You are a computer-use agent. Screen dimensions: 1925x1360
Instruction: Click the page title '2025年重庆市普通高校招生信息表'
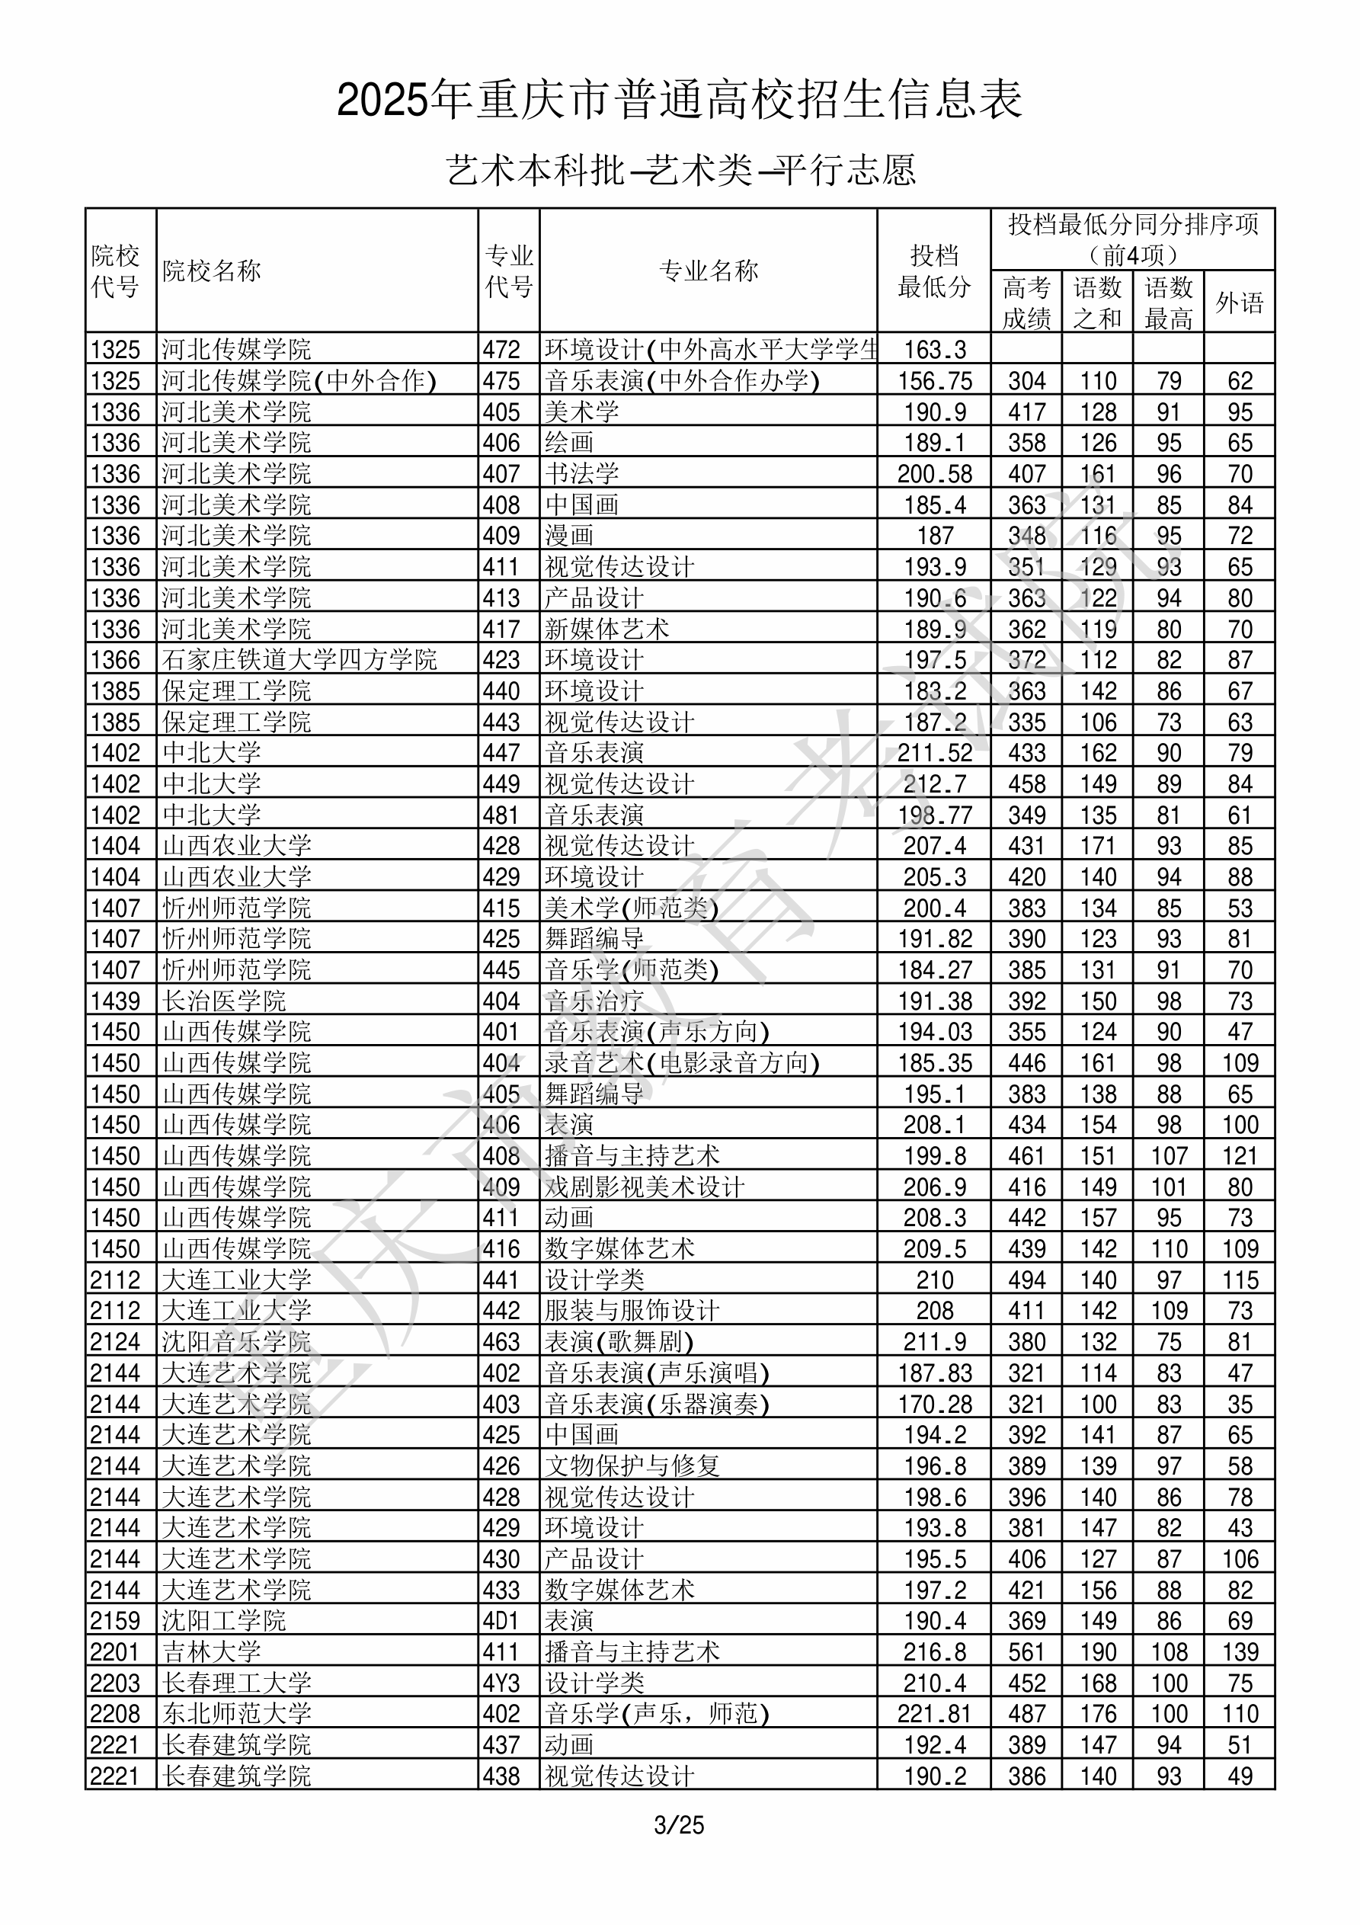coord(679,101)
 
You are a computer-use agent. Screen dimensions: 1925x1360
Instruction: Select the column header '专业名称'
coord(709,271)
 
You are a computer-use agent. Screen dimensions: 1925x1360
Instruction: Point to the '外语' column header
coord(1240,303)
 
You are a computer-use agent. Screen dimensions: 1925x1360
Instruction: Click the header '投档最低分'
coord(933,271)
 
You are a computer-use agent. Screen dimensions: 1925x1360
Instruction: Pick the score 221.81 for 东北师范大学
coord(934,1714)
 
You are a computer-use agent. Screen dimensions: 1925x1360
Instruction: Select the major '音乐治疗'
coord(594,1001)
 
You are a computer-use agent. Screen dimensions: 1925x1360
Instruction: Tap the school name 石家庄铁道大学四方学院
coord(299,660)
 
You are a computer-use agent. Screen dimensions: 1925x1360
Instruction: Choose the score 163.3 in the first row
coord(934,350)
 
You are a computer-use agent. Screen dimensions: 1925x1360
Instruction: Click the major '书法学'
coord(581,474)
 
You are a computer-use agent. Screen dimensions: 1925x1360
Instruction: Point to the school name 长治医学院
coord(224,1001)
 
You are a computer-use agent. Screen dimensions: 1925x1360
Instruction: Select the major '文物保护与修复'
coord(632,1465)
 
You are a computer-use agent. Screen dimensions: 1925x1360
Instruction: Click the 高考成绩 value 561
coord(1026,1651)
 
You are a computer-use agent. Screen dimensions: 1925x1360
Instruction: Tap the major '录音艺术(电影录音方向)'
coord(682,1063)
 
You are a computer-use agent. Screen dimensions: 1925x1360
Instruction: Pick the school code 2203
coord(115,1683)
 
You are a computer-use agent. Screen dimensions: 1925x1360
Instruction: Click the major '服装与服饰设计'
coord(632,1311)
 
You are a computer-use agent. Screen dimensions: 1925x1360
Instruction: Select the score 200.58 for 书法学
coord(934,474)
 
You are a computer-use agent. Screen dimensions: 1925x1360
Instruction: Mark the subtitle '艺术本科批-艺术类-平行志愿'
coord(680,170)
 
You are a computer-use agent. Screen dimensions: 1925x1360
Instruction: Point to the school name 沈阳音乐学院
coord(236,1341)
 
